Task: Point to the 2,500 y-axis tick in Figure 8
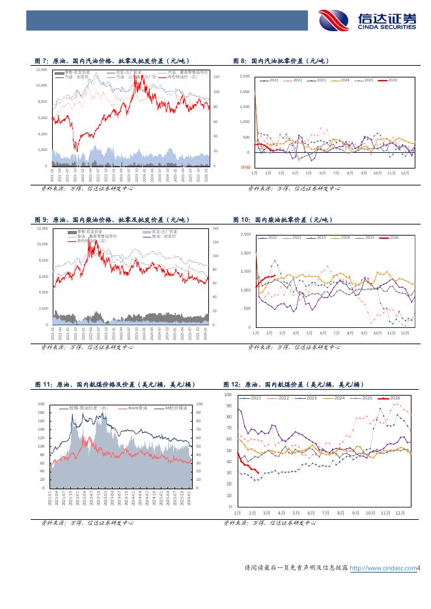245,76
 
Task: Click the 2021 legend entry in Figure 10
270,237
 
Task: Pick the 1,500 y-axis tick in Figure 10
245,271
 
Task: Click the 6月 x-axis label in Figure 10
323,332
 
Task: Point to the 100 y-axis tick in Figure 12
228,395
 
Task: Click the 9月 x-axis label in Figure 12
355,512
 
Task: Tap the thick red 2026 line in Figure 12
247,467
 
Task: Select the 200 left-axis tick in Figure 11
42,404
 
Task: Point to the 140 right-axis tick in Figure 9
215,229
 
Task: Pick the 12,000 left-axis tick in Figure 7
42,69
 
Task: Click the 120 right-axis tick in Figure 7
216,77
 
